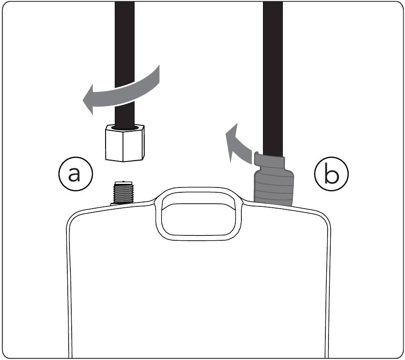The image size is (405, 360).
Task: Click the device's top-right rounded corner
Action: [x=326, y=217]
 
